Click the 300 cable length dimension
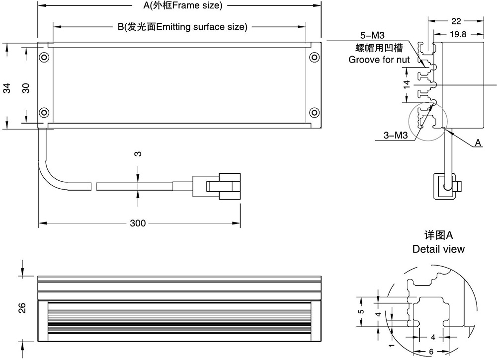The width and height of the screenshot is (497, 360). coord(138,223)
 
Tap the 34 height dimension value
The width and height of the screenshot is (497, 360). coord(7,88)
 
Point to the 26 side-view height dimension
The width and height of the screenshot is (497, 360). coord(22,308)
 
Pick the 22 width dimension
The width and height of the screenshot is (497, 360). coord(456,21)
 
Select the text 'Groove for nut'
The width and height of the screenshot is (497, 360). coord(379,60)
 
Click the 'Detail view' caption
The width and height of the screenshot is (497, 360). coord(438,249)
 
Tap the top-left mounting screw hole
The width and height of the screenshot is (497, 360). coord(45,57)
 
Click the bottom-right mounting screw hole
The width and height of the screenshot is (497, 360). coord(314,111)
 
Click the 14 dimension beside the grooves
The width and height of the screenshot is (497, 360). coord(407,84)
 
